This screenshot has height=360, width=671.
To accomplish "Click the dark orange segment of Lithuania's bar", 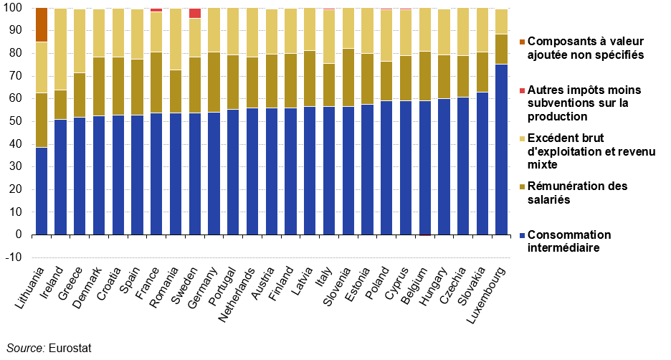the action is click(42, 25).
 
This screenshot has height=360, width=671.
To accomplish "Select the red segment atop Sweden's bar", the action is click(195, 14).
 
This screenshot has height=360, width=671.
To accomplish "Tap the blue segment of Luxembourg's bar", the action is click(502, 149).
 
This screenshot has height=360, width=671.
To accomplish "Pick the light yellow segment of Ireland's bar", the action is click(61, 49).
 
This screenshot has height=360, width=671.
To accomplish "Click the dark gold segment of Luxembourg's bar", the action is click(502, 49).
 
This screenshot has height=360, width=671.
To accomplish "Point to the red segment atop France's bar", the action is click(156, 10).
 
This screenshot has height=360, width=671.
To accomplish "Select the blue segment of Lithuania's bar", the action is click(42, 191).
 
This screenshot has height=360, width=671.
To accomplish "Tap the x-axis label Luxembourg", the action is click(487, 295).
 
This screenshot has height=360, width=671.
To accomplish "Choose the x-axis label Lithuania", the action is click(30, 288).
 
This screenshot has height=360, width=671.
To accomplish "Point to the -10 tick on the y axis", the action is click(14, 257).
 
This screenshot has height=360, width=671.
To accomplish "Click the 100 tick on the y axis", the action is click(14, 8).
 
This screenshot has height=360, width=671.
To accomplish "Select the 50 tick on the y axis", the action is click(15, 121).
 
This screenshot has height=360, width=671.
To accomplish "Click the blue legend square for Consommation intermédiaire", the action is click(522, 235).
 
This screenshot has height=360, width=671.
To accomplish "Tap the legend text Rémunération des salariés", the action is click(577, 193).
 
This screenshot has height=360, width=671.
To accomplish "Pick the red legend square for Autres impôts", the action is click(522, 91).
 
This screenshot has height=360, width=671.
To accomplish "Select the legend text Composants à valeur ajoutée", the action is click(586, 48).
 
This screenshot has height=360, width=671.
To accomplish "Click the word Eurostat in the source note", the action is click(70, 348).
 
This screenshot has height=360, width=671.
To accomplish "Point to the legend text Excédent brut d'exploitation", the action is click(591, 151).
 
